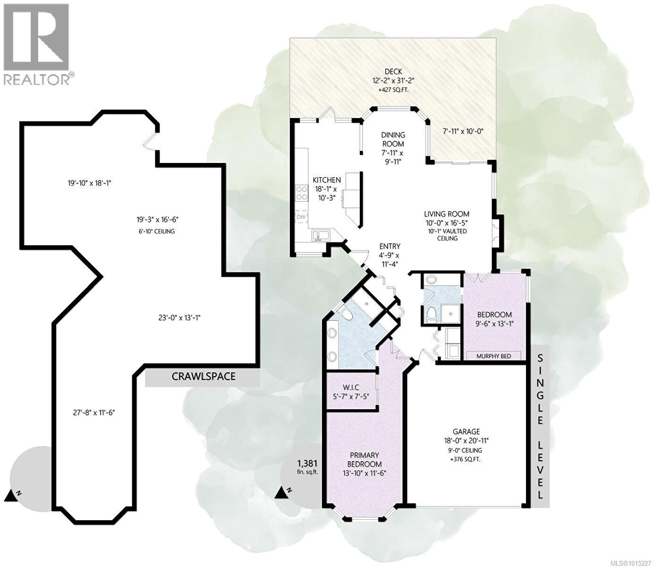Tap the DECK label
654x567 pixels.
[x=393, y=72]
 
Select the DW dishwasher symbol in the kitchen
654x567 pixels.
[x=301, y=216]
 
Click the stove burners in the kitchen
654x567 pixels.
[x=301, y=192]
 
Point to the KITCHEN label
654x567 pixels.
[x=327, y=180]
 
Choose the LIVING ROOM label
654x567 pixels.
[x=446, y=214]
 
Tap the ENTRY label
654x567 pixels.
[x=390, y=246]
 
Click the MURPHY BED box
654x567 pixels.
[x=494, y=356]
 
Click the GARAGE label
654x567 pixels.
[x=466, y=431]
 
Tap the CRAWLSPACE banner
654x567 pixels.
[x=203, y=377]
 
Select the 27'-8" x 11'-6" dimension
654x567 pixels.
[x=92, y=412]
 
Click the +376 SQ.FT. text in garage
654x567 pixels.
[x=466, y=459]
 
